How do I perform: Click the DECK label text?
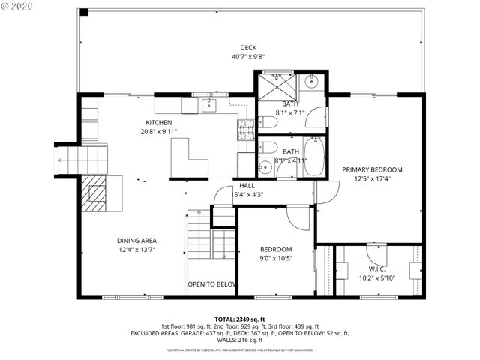(248, 47)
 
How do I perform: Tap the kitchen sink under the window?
(209, 105)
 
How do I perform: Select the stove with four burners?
(246, 130)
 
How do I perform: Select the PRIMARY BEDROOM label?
(372, 169)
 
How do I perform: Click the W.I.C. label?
(376, 268)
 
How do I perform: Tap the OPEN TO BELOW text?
(212, 284)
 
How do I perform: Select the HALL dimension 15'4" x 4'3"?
(247, 195)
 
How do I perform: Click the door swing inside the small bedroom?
(301, 218)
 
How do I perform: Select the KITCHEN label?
(159, 123)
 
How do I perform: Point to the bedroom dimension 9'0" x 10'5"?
(276, 259)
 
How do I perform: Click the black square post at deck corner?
(84, 12)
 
